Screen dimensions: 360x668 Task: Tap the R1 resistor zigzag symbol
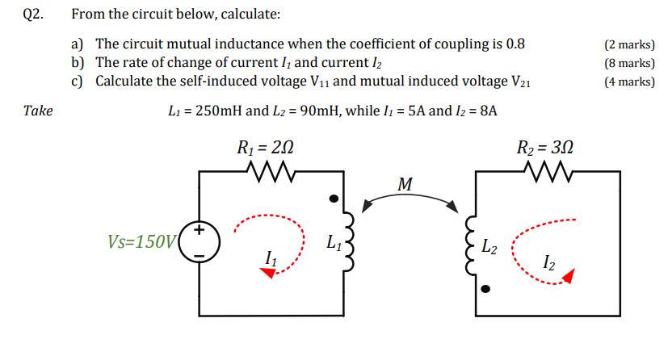pyautogui.click(x=266, y=171)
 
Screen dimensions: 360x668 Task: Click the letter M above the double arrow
pyautogui.click(x=405, y=185)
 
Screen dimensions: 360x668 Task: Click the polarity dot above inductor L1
pyautogui.click(x=332, y=199)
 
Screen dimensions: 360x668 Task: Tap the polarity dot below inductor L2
pyautogui.click(x=485, y=288)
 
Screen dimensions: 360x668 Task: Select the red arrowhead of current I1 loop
pyautogui.click(x=266, y=273)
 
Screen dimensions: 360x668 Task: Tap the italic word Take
pyautogui.click(x=38, y=111)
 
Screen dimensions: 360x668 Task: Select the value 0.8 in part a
pyautogui.click(x=515, y=44)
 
